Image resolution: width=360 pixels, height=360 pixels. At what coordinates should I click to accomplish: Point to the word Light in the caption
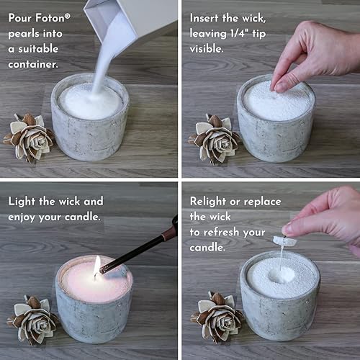click(23, 201)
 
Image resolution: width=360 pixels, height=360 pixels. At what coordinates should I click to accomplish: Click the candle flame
click(96, 266)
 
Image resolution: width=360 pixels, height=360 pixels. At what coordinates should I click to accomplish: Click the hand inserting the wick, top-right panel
click(317, 54)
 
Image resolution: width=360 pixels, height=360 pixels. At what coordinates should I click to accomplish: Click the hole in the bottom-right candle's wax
click(280, 274)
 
